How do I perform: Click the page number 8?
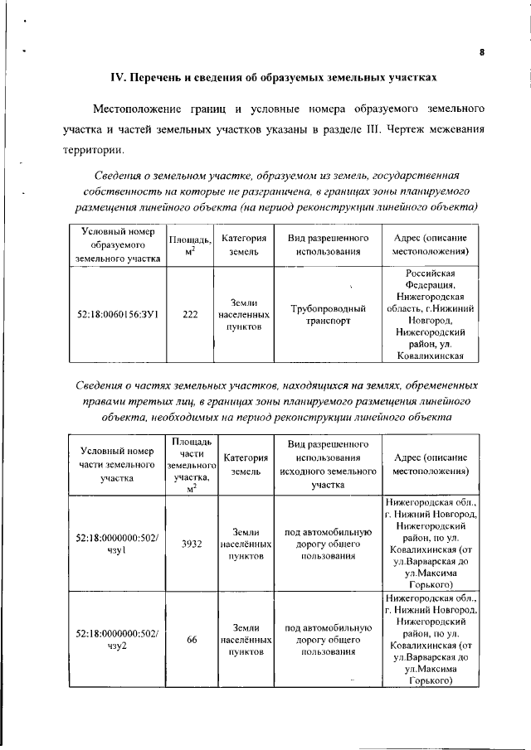tap(481, 53)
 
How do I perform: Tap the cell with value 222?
tap(190, 315)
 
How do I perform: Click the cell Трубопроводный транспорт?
tap(329, 315)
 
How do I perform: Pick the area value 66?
tap(192, 639)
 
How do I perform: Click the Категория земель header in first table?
tap(243, 244)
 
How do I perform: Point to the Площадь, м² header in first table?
tap(190, 244)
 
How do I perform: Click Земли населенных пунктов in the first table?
tap(243, 315)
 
